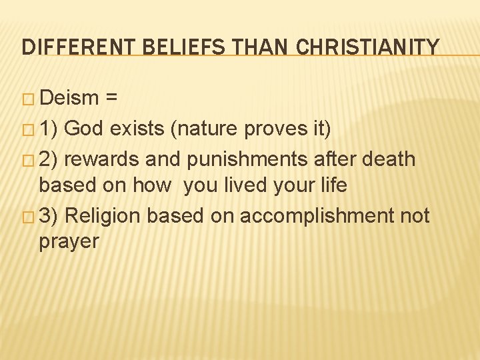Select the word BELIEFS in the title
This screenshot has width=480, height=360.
185,47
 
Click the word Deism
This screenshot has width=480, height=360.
69,99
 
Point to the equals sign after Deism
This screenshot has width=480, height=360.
112,99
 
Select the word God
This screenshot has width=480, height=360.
86,128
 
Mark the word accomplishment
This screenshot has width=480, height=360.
311,216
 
